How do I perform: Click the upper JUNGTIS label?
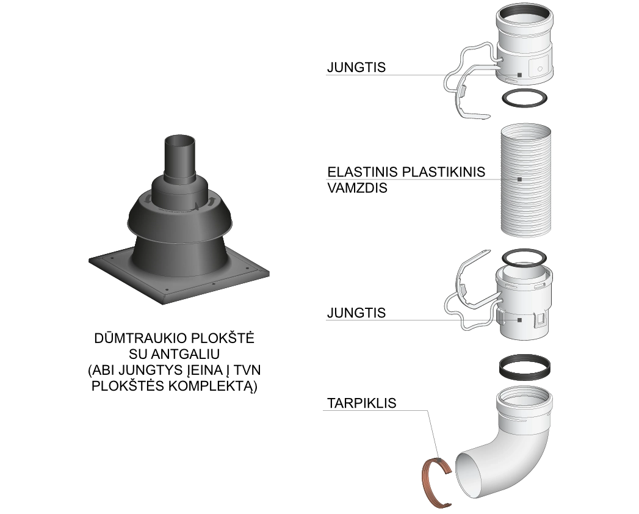pyautogui.click(x=356, y=67)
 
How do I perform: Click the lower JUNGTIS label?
pyautogui.click(x=356, y=313)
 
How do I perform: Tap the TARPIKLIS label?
pyautogui.click(x=362, y=403)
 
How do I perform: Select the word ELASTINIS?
pyautogui.click(x=363, y=172)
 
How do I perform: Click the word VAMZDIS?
pyautogui.click(x=357, y=188)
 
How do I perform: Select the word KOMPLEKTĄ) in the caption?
pyautogui.click(x=213, y=386)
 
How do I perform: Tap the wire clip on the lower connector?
pyautogui.click(x=457, y=302)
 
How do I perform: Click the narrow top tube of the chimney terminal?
pyautogui.click(x=179, y=159)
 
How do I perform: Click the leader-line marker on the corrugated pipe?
pyautogui.click(x=519, y=179)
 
